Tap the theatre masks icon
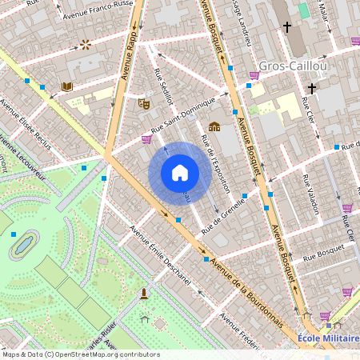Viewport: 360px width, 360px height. [144, 102]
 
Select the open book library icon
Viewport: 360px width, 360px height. [67, 86]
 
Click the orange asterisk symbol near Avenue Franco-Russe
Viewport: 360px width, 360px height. [85, 44]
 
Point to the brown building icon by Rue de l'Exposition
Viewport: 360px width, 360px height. [214, 126]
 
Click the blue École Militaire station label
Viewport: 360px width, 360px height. [328, 338]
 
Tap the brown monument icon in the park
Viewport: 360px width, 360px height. [144, 293]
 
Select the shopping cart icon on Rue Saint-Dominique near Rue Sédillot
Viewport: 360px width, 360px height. [146, 138]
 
